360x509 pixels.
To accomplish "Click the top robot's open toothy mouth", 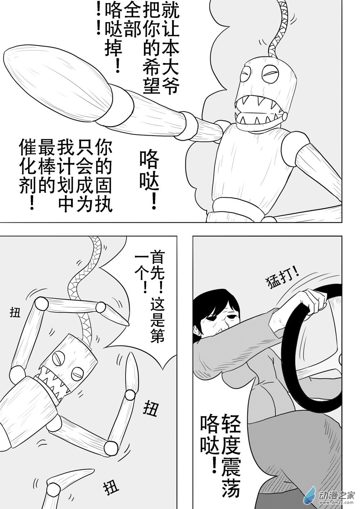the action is pyautogui.click(x=259, y=109).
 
